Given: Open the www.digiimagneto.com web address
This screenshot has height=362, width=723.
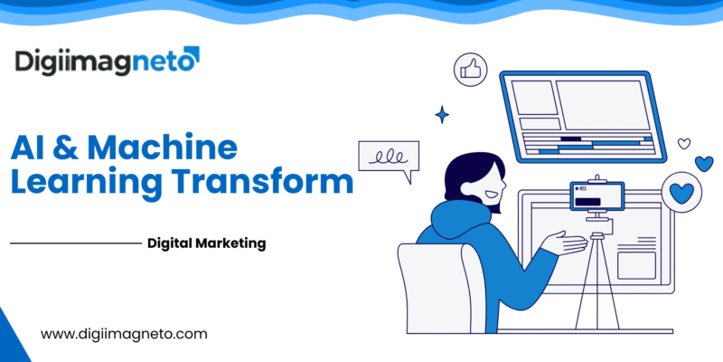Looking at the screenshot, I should click(x=125, y=334).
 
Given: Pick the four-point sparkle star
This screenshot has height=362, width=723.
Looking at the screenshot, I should click(x=443, y=114).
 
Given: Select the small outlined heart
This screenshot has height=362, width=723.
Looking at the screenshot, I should click(x=684, y=143).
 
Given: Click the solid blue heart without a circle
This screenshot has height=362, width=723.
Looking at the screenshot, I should click(x=704, y=163).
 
